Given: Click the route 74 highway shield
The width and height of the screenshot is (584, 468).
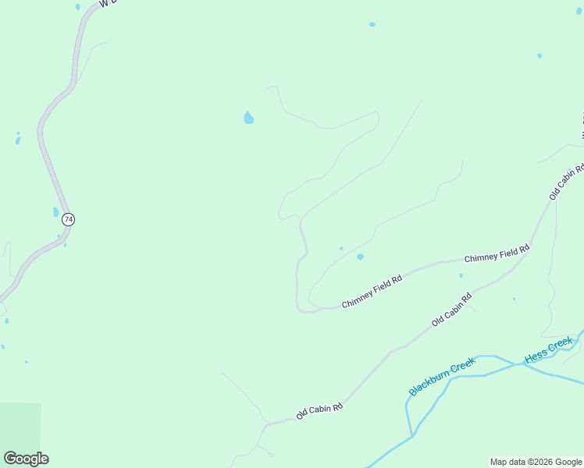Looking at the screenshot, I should [x=69, y=220].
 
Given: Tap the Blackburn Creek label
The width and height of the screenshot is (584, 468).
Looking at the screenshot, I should [x=442, y=376].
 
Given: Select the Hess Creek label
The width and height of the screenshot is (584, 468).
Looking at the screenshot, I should [x=549, y=350].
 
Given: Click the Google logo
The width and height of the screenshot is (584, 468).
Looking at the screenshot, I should [x=26, y=459].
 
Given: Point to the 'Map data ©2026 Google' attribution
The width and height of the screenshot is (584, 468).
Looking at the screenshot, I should [x=536, y=462].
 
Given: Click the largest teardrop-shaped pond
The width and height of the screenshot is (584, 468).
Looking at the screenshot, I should [x=248, y=119].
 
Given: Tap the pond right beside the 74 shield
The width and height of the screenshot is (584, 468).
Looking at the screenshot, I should [x=55, y=212].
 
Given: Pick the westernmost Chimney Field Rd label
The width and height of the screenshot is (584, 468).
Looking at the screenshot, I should [x=372, y=291].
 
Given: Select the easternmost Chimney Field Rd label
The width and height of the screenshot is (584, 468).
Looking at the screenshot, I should [x=497, y=253].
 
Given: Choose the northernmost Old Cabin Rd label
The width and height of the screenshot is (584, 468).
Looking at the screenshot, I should [x=567, y=183].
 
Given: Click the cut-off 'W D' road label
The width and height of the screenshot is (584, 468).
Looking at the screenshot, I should [x=109, y=5].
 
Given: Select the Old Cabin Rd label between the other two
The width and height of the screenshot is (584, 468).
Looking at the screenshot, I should [x=452, y=310].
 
